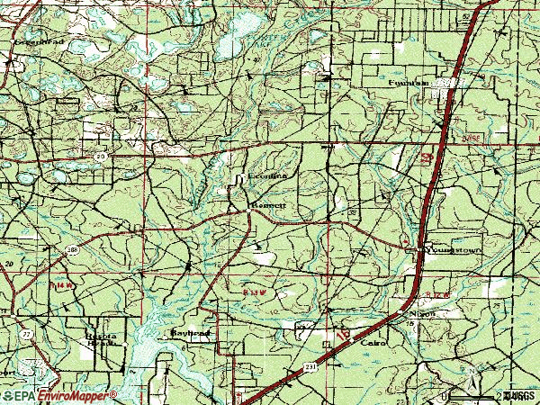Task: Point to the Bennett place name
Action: coord(267,205)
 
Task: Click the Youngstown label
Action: coord(454,244)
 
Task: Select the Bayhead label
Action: coord(190,332)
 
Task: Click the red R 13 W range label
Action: coord(256,292)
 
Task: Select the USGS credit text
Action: coord(519,395)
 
